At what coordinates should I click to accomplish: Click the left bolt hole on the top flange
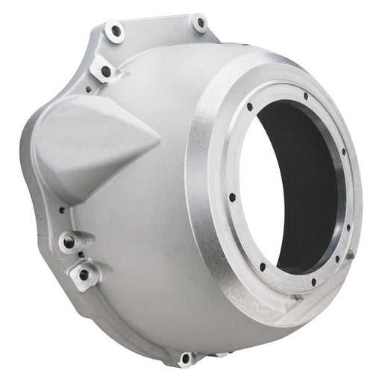115,31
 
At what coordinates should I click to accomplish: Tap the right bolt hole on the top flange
199,23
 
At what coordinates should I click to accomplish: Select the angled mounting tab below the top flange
105,70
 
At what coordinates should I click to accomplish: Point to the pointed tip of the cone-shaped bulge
160,137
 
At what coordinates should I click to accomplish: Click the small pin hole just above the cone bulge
88,90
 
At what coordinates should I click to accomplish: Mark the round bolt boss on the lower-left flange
69,241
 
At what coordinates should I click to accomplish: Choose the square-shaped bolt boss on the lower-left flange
84,274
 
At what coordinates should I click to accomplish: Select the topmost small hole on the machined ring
306,96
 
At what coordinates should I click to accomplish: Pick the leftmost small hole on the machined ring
232,198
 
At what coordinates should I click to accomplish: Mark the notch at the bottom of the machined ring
297,297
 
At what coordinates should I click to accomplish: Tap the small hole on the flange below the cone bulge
62,210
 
